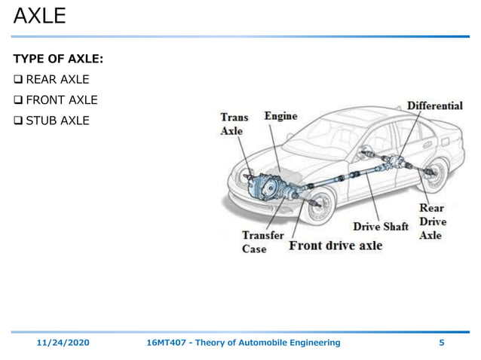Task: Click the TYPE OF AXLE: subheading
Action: tap(58, 59)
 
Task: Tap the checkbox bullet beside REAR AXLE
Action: tap(18, 79)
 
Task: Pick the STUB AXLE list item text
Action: tap(57, 120)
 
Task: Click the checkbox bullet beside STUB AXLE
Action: tap(18, 120)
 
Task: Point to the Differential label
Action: tap(435, 105)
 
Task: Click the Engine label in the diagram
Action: tap(280, 116)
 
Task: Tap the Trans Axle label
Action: tap(234, 124)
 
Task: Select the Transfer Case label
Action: tap(262, 242)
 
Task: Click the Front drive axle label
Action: tap(335, 246)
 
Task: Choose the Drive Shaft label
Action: tap(380, 226)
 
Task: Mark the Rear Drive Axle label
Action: tap(432, 221)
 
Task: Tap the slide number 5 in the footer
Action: tap(442, 343)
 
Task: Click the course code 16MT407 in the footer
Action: tap(167, 343)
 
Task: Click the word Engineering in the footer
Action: tap(311, 343)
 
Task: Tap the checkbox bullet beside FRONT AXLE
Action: tap(18, 99)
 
